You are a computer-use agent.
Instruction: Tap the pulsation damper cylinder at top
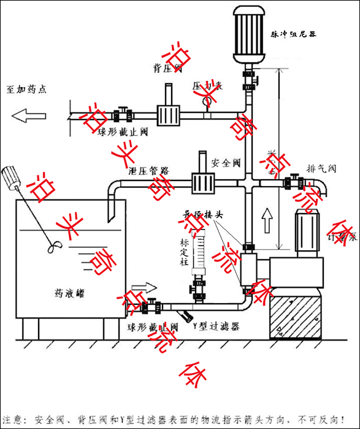[x=250, y=34]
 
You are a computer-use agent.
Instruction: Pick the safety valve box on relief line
[x=202, y=182]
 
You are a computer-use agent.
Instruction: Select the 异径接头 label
[x=207, y=215]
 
